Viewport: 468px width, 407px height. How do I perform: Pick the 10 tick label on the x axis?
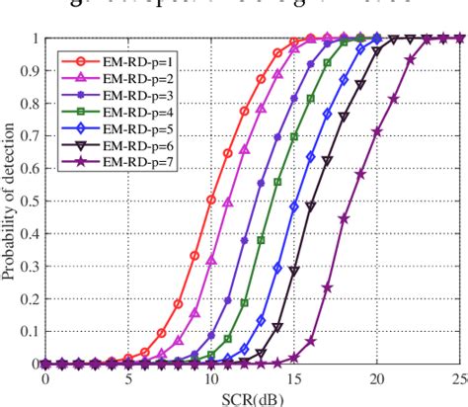pos(210,377)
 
